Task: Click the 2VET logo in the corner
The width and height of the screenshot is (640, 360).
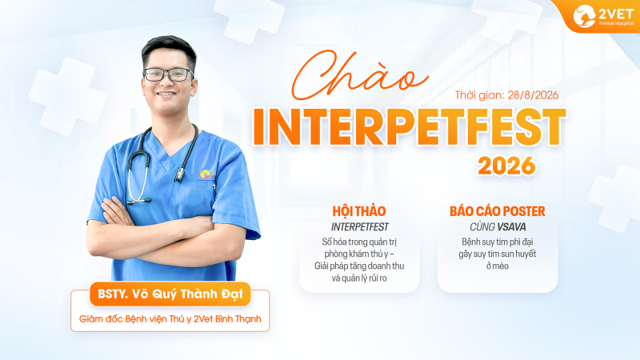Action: pos(603,16)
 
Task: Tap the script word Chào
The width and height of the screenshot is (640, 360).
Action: pos(359,75)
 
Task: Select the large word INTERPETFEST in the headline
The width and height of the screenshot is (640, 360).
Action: pos(410,127)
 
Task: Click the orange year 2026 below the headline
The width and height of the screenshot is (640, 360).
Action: pos(506,166)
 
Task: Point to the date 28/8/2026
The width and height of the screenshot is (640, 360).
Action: pos(533,95)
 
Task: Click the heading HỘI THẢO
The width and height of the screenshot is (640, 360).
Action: pos(359,211)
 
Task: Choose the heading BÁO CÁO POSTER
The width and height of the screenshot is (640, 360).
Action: pos(497,211)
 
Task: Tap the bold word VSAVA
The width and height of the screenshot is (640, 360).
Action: pos(511,227)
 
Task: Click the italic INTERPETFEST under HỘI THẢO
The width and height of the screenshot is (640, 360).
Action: pos(359,227)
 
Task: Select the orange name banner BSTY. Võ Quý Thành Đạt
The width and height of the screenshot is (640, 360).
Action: pos(170,294)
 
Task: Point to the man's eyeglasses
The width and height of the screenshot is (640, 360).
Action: pos(168,74)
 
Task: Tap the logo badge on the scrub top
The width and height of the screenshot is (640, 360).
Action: pos(207,174)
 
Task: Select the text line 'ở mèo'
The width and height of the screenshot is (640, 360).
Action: pos(497,266)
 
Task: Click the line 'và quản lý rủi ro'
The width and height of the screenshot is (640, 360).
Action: pos(359,278)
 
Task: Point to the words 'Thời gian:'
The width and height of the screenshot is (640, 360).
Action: pos(479,95)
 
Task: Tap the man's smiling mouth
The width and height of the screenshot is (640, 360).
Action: pos(166,94)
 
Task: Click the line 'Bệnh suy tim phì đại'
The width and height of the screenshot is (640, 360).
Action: pos(497,242)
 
